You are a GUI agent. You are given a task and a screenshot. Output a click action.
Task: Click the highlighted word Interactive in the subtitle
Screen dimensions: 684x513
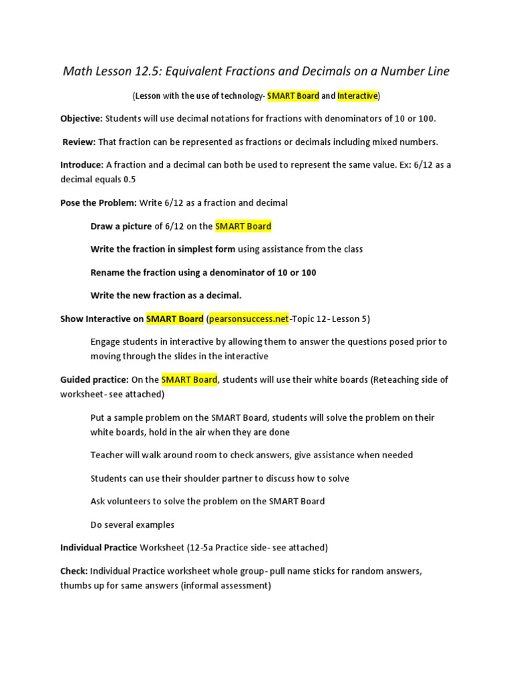[357, 96]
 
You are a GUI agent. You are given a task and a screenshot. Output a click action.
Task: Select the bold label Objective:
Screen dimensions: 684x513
[81, 118]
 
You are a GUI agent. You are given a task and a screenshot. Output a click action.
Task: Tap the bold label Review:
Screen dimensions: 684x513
[79, 142]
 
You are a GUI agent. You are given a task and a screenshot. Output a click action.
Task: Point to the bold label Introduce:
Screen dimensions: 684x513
[82, 164]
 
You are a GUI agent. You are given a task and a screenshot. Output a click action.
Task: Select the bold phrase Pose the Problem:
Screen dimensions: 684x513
[98, 202]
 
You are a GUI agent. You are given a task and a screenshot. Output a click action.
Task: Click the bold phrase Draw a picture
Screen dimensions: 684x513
[121, 226]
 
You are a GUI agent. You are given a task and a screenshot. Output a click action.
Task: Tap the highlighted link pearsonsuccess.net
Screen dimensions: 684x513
[249, 319]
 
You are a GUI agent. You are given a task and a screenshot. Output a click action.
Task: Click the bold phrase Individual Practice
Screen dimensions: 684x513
[98, 548]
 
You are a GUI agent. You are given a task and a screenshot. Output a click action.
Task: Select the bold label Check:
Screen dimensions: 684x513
[73, 571]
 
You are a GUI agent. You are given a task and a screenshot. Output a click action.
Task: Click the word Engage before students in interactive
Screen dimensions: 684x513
[106, 341]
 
